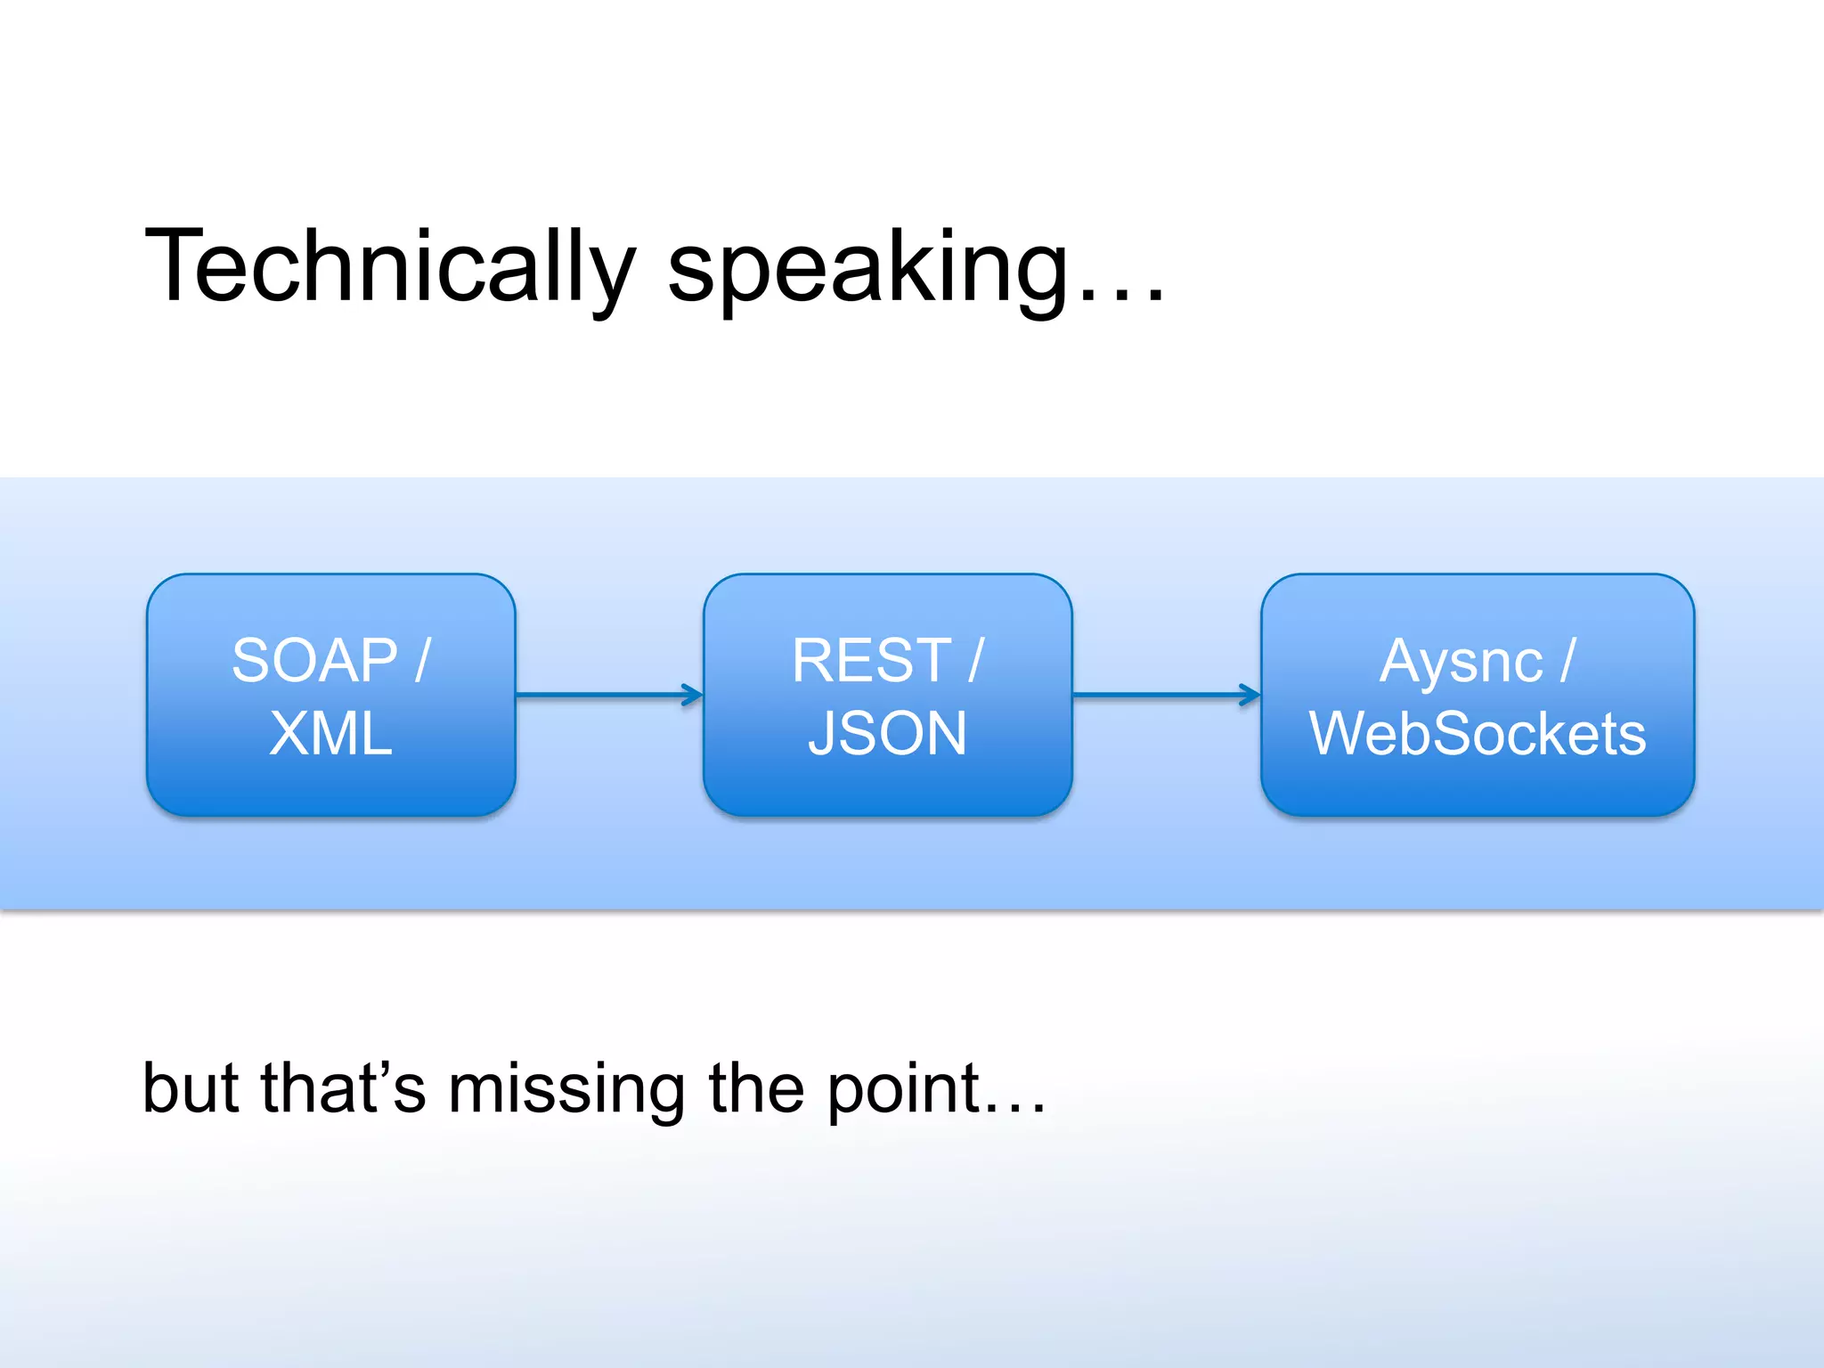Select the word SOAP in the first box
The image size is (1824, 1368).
point(314,661)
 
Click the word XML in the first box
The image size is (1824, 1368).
point(330,734)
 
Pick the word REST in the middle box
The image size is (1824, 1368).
point(872,661)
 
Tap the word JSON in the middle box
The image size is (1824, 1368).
point(887,734)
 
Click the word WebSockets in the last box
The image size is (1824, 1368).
point(1478,734)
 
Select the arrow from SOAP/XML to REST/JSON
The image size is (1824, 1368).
point(609,695)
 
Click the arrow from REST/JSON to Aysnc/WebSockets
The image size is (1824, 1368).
point(1167,695)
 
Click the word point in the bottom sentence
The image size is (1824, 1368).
point(904,1090)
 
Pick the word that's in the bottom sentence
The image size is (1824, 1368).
point(344,1088)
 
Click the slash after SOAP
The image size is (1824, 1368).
point(422,661)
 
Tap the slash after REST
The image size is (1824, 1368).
point(976,661)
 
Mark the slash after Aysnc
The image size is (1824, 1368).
point(1567,661)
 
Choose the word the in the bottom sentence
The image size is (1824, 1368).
point(756,1088)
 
